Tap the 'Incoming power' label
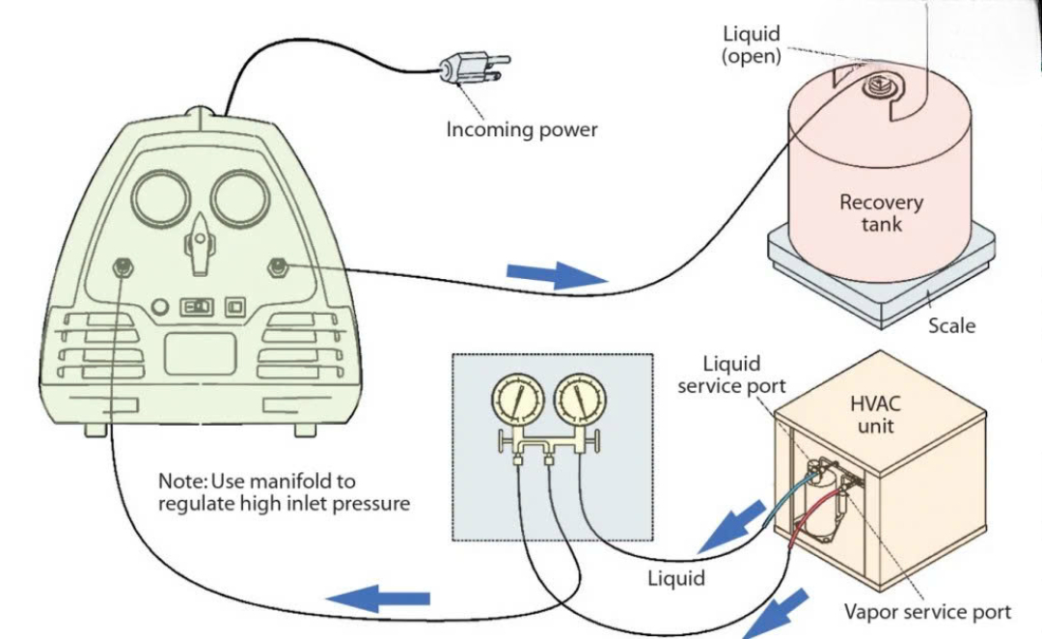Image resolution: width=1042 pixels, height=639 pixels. coord(521,129)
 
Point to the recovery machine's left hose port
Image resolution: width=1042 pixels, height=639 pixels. coord(123,266)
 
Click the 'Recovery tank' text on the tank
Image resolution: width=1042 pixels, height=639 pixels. coord(881,213)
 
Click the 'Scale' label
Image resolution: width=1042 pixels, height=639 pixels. coord(951,325)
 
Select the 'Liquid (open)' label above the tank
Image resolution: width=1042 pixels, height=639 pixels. coord(752,45)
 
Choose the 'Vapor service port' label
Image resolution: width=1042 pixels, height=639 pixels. coord(927,612)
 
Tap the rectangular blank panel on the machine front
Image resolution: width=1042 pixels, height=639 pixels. coord(200,353)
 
